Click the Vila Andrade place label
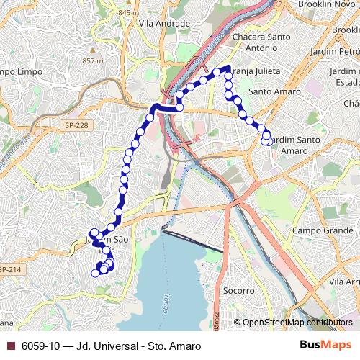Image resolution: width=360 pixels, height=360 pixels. (166, 23)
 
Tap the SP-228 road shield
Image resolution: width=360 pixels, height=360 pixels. (76, 125)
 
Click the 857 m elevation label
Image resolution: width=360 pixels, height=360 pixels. (93, 60)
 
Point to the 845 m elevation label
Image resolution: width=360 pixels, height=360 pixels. (128, 13)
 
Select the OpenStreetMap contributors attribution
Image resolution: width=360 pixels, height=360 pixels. (298, 322)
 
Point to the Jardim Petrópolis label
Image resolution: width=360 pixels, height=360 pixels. (334, 52)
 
